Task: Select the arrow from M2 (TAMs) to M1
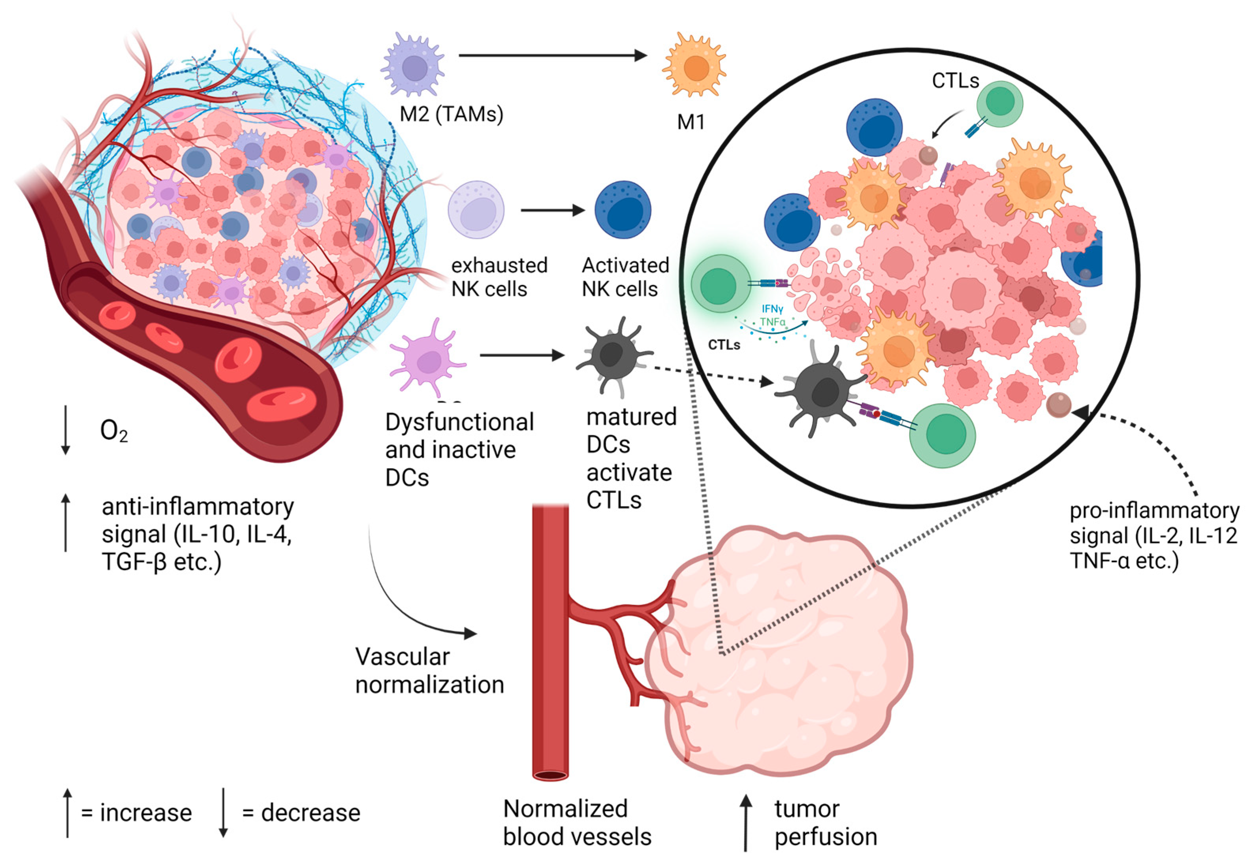tap(553, 55)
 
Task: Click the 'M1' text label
tap(691, 122)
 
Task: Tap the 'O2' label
tap(114, 431)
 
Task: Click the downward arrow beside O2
tap(65, 430)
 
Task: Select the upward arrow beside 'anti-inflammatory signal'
tap(65, 523)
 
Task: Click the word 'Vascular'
tap(403, 657)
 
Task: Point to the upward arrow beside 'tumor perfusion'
tap(746, 822)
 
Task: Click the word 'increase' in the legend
tap(146, 813)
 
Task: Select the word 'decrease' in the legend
tap(310, 813)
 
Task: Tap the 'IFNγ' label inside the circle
tap(772, 309)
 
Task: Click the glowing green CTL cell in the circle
tap(721, 285)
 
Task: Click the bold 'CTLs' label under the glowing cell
tap(724, 344)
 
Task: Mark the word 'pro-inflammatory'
tap(1154, 510)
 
